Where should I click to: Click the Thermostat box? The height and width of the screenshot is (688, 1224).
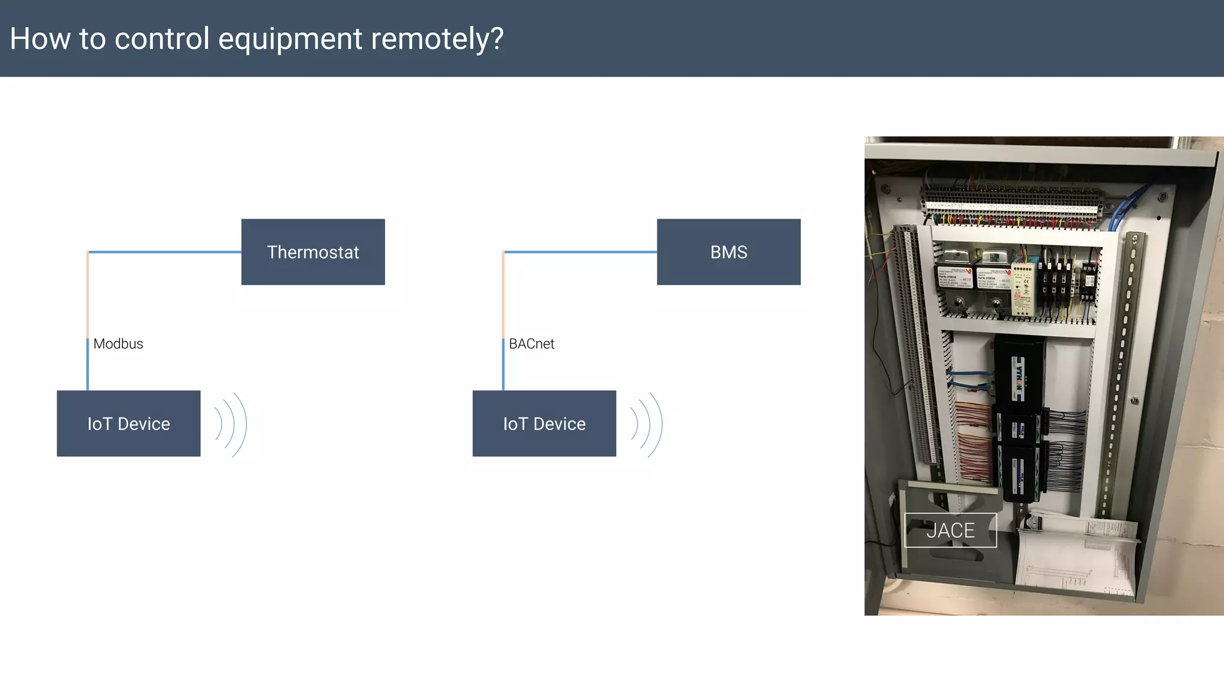(x=313, y=252)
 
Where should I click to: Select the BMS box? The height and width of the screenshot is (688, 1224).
(x=728, y=252)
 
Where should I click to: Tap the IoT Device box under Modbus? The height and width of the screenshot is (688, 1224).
(x=128, y=423)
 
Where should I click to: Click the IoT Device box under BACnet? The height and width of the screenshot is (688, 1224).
(x=544, y=423)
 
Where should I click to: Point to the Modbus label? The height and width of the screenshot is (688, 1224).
(x=118, y=344)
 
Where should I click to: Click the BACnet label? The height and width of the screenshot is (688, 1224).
(x=531, y=344)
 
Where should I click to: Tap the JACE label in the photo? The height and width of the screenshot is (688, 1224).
(x=950, y=530)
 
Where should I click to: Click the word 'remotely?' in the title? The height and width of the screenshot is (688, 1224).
(x=437, y=39)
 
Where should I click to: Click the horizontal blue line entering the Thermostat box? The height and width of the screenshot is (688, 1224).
(x=164, y=252)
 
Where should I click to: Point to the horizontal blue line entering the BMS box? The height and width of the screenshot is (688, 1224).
(x=580, y=252)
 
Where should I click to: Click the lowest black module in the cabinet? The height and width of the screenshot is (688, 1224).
(x=1020, y=472)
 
